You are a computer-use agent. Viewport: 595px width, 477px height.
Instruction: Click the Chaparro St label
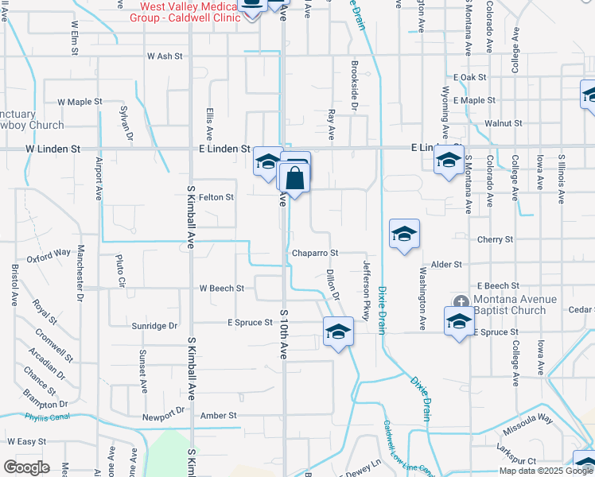coord(315,253)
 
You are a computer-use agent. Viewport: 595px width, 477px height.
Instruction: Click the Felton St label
coord(216,197)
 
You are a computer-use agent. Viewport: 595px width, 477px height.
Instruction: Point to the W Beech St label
coord(221,288)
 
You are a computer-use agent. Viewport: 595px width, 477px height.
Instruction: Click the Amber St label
coord(219,416)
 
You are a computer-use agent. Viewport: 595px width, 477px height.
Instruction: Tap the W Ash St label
coord(165,56)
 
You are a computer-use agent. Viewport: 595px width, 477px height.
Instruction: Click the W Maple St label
coord(80,102)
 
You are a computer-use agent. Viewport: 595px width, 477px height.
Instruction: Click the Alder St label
coord(445,264)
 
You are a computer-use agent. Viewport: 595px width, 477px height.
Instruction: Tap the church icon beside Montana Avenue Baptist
coord(461,301)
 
